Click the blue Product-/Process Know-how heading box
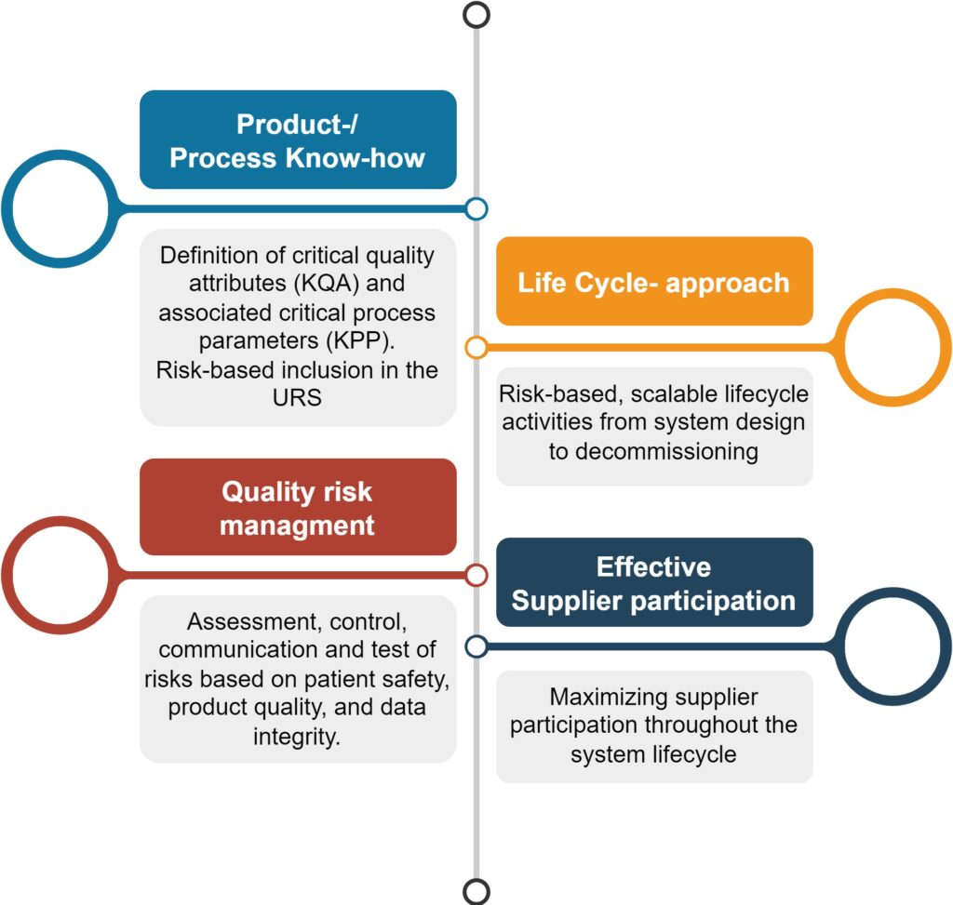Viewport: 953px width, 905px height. click(298, 140)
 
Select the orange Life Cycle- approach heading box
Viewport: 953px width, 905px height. click(654, 281)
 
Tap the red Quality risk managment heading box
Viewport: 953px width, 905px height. click(298, 507)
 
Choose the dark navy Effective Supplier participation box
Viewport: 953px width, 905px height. click(654, 582)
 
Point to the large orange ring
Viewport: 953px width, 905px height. click(946, 348)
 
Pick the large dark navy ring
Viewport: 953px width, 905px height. click(946, 646)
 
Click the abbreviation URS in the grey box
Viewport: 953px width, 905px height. click(297, 397)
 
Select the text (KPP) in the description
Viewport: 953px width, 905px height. click(360, 340)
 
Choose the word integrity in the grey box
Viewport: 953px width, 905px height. click(296, 737)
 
